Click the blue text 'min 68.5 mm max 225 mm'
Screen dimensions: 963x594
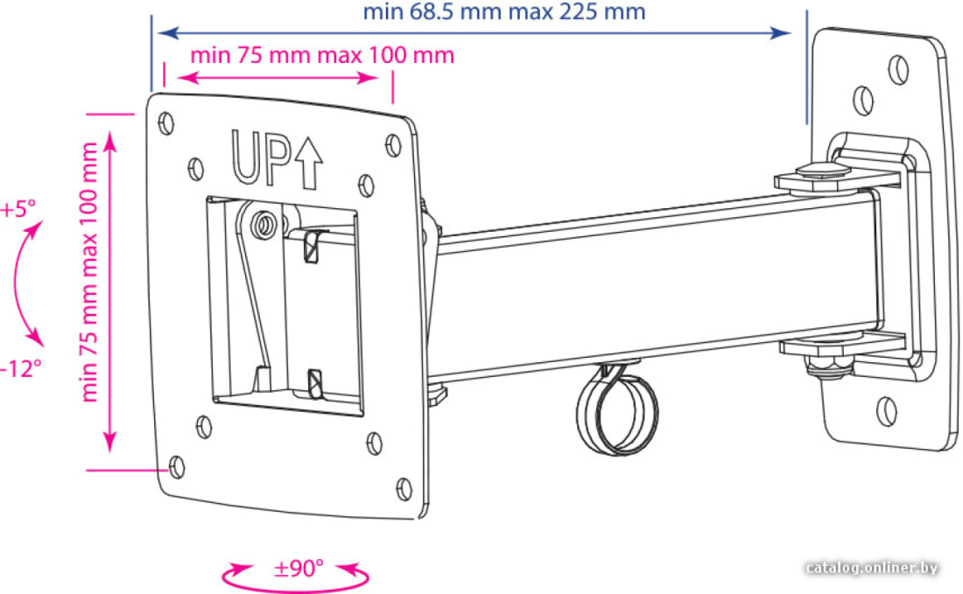click(x=503, y=11)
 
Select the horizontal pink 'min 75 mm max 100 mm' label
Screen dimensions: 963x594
click(x=322, y=55)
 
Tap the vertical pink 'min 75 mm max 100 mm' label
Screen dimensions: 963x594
click(x=89, y=272)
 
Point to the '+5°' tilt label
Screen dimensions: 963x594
click(x=18, y=209)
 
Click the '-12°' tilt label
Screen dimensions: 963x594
click(x=21, y=369)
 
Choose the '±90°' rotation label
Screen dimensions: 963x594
click(x=299, y=569)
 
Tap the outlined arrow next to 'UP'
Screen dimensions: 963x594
click(x=308, y=163)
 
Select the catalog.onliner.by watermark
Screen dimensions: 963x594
click(x=871, y=568)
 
